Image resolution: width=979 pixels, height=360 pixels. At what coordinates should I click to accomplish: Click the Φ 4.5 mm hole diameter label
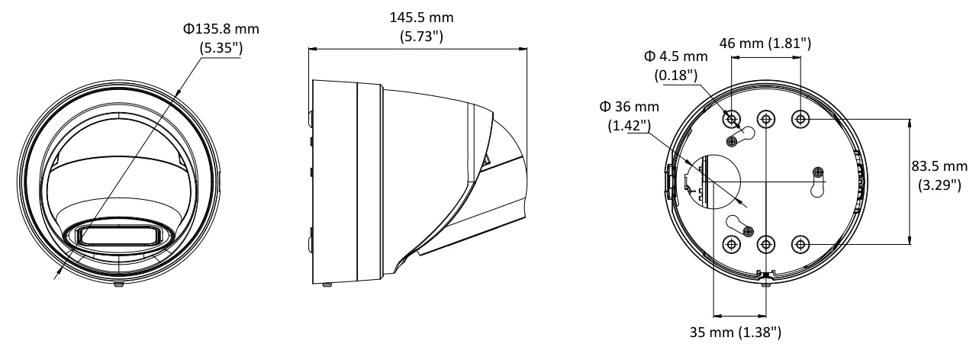point(676,57)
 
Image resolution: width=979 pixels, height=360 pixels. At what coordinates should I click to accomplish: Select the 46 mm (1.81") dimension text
point(765,44)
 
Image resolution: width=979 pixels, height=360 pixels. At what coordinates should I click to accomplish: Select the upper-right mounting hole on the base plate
point(800,118)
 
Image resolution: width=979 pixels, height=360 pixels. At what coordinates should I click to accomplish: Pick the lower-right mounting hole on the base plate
point(800,244)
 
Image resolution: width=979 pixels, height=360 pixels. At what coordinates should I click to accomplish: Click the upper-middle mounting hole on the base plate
point(765,118)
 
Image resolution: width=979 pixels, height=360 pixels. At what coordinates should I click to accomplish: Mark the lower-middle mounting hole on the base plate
point(765,244)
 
